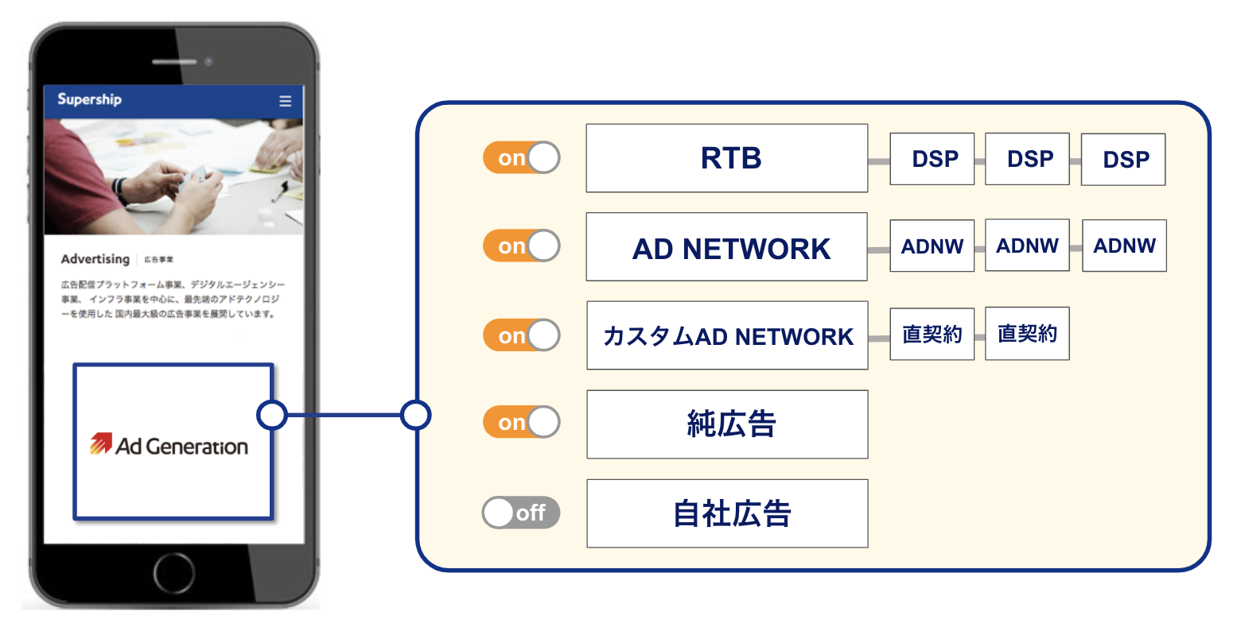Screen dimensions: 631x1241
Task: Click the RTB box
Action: [726, 158]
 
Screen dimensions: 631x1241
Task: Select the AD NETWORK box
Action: [726, 247]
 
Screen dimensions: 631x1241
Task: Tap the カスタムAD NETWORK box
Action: [727, 335]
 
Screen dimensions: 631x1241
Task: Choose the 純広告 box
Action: [727, 424]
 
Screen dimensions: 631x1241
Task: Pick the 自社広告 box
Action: [727, 513]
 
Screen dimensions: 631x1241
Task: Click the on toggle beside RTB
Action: [521, 158]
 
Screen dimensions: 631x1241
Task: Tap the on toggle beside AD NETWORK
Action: [521, 246]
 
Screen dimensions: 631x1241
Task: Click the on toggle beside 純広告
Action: [521, 422]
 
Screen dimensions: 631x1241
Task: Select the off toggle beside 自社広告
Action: [521, 513]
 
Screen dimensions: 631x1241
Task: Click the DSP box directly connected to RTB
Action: [932, 159]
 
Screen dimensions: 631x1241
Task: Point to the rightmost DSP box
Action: [1122, 160]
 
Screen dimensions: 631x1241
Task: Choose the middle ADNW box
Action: [1027, 246]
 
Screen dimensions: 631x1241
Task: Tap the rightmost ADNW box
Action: [1124, 246]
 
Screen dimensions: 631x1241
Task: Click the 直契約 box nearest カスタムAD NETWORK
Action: [932, 334]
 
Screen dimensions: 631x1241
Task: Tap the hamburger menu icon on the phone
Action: [286, 101]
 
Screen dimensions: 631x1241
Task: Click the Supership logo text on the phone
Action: [89, 99]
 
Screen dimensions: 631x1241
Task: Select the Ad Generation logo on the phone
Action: [169, 444]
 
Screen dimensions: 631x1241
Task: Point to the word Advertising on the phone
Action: [95, 259]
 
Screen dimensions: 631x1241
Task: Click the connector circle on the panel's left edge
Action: [416, 415]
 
